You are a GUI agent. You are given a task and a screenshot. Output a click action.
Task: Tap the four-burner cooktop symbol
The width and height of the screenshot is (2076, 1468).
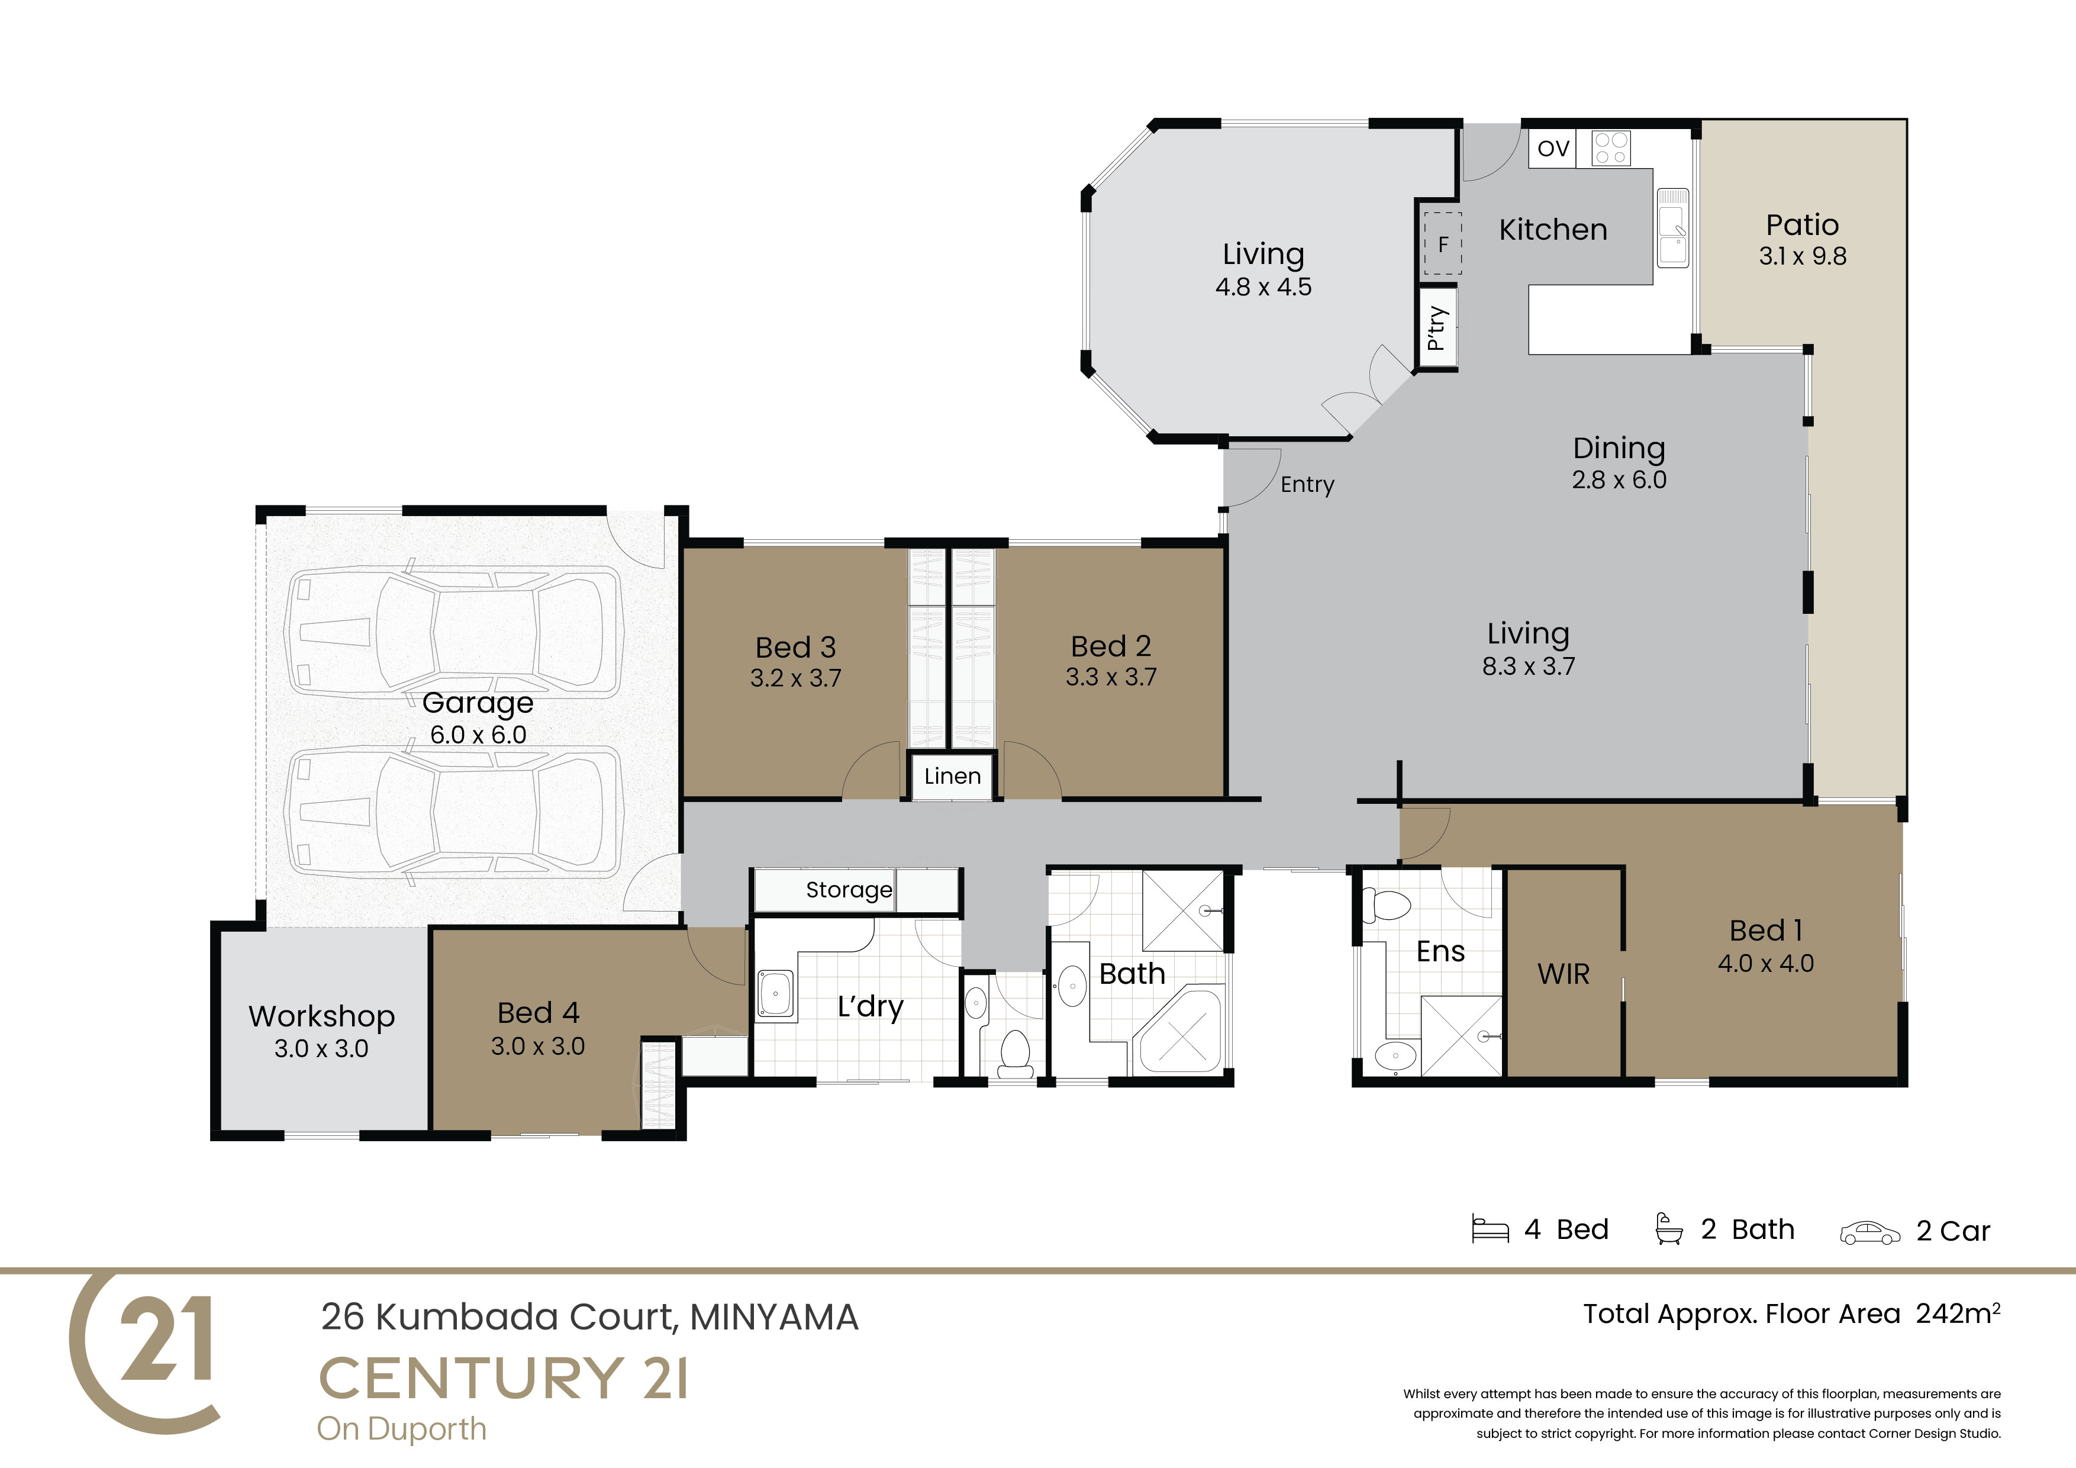[x=1611, y=149]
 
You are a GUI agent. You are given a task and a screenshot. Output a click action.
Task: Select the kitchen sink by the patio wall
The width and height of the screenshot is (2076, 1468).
[x=1673, y=227]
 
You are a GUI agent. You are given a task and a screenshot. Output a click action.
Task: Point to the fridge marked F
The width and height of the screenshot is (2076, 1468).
[x=1443, y=243]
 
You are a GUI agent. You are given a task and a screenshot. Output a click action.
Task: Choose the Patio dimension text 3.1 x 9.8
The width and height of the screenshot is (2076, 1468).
[x=1802, y=256]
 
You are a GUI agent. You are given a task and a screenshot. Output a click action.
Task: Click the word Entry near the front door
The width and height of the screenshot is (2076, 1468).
[x=1307, y=485]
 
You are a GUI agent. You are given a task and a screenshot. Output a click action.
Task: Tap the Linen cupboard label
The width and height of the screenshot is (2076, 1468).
[x=952, y=776]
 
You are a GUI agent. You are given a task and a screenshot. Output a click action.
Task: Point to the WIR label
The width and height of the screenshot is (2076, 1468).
[x=1564, y=974]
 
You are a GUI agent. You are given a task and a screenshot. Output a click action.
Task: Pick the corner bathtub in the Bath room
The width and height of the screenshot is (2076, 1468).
[x=1181, y=1033]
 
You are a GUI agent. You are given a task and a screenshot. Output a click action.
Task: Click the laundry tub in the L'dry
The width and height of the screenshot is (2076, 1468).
[x=775, y=994]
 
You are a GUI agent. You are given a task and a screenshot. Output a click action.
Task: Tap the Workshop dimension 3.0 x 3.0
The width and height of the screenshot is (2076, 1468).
[x=321, y=1048]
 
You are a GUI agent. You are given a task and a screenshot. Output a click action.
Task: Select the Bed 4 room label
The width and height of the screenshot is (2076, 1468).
[x=538, y=1012]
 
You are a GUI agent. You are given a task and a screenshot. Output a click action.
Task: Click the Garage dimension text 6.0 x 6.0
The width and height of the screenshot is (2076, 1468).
[x=478, y=735]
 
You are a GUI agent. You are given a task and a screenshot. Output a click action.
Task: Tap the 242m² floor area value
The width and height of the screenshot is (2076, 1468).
[x=1958, y=1312]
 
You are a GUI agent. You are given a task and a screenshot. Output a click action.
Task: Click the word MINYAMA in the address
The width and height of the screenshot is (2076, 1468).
[x=774, y=1318]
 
